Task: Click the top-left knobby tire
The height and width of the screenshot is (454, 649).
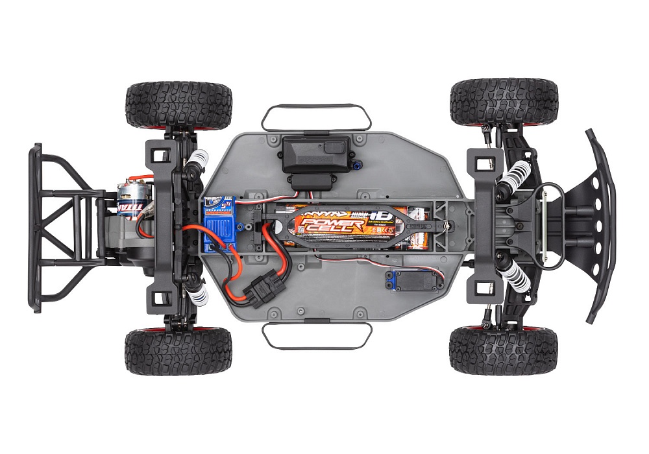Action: (178, 104)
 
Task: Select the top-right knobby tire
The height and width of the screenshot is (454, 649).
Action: (504, 102)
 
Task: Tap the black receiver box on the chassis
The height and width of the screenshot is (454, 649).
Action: (315, 154)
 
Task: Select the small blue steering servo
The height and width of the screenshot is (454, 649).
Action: (397, 279)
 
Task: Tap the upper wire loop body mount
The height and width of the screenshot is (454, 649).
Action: (316, 117)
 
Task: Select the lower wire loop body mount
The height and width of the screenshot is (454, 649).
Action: (316, 335)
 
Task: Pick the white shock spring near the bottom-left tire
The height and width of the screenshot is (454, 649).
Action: (198, 296)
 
